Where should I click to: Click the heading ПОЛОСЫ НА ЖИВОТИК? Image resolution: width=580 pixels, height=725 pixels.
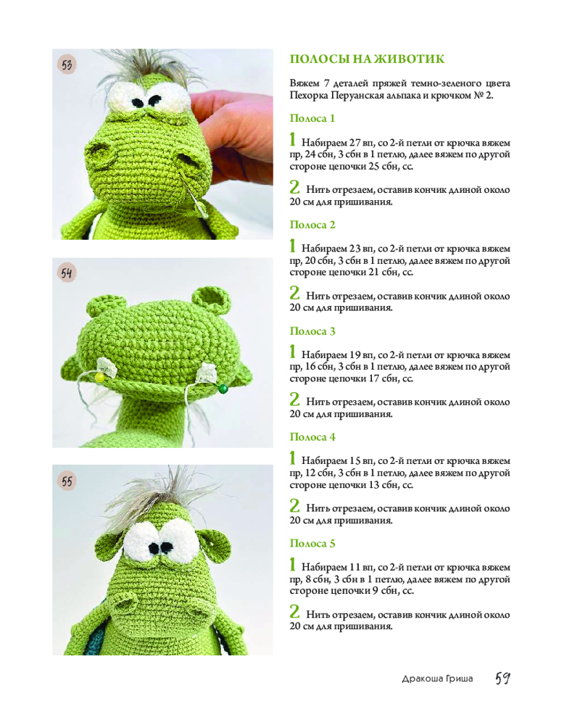pyautogui.click(x=367, y=59)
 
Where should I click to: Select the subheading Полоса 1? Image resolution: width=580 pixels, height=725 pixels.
pyautogui.click(x=312, y=118)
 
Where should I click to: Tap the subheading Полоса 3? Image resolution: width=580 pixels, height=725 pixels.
pyautogui.click(x=312, y=331)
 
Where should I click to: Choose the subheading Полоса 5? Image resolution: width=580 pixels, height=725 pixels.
pyautogui.click(x=312, y=543)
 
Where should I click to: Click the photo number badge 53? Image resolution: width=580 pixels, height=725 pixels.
pyautogui.click(x=67, y=65)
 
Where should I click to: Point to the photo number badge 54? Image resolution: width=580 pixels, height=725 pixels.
pyautogui.click(x=67, y=273)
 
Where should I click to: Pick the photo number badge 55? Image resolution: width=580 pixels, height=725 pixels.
pyautogui.click(x=67, y=481)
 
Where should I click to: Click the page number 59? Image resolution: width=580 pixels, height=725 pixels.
pyautogui.click(x=502, y=679)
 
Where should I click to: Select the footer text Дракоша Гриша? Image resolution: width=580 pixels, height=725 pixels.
pyautogui.click(x=437, y=679)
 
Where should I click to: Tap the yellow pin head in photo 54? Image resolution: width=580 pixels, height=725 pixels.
pyautogui.click(x=99, y=377)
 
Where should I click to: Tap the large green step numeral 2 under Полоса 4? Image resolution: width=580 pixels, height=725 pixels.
pyautogui.click(x=294, y=505)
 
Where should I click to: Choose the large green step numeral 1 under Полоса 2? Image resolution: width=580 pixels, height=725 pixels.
pyautogui.click(x=292, y=246)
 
